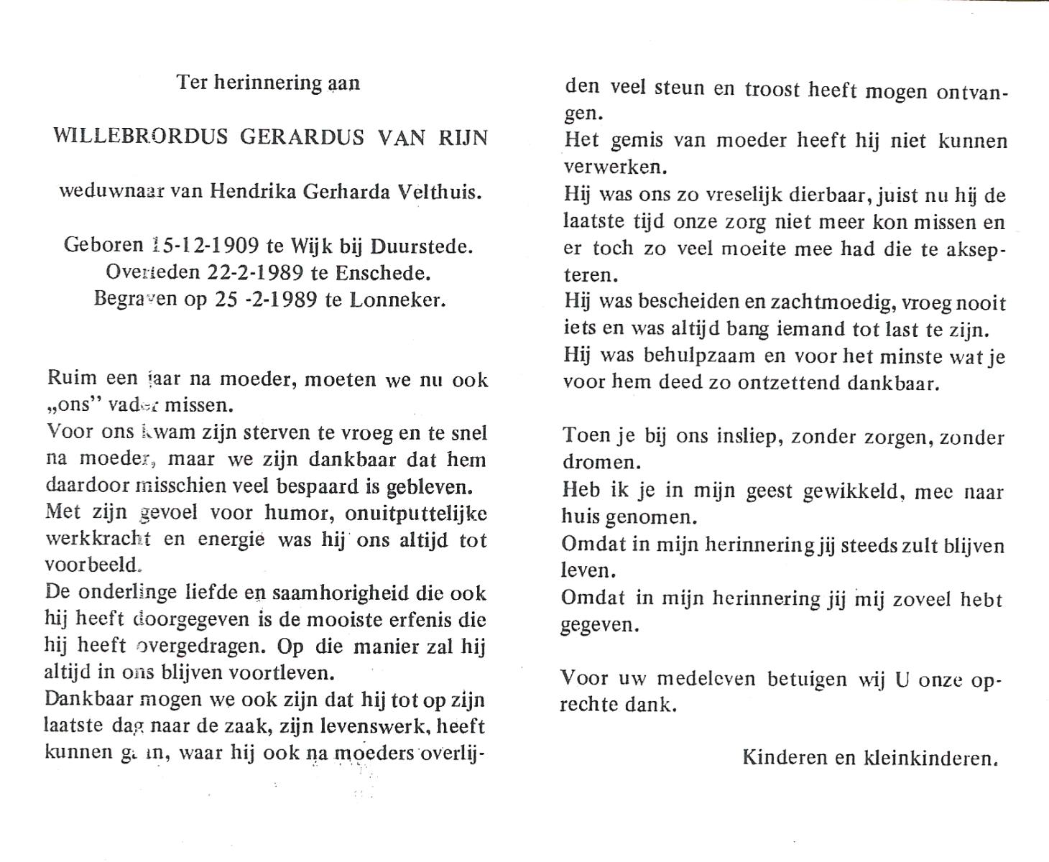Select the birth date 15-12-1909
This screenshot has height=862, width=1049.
click(207, 246)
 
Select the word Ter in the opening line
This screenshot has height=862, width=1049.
click(192, 83)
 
